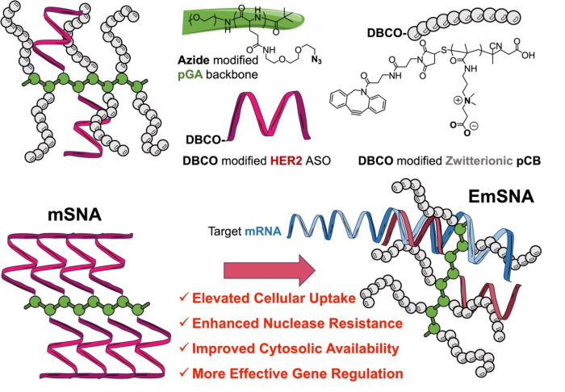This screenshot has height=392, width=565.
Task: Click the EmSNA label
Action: coord(501,197)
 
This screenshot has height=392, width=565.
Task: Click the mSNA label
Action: coord(75,215)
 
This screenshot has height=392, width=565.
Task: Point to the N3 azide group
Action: coord(316,60)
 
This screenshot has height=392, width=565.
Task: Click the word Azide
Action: coord(194,60)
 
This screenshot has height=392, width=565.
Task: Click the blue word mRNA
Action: coord(263,231)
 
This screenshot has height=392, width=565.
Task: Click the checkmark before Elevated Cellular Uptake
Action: coord(184,298)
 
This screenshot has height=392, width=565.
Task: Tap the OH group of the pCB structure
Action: coord(527,55)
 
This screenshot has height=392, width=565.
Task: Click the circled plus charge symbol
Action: coord(458,101)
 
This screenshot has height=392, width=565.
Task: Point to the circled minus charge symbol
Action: coord(475,126)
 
